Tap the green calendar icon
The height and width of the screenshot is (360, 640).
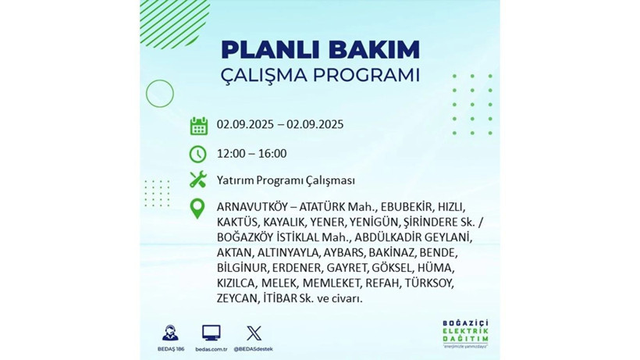[198, 125]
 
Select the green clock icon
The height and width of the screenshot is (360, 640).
[198, 153]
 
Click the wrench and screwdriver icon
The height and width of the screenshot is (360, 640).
[198, 180]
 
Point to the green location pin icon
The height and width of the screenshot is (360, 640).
[198, 208]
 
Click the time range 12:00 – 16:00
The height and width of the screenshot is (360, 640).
[252, 153]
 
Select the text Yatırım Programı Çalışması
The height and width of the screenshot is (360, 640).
[286, 180]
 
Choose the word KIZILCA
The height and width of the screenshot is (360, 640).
[236, 283]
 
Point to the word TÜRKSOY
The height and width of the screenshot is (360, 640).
[431, 283]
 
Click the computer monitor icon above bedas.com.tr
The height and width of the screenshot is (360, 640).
[211, 333]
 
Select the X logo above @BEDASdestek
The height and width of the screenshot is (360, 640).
[254, 333]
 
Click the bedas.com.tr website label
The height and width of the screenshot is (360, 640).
[211, 348]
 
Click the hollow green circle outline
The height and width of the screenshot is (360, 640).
[159, 94]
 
